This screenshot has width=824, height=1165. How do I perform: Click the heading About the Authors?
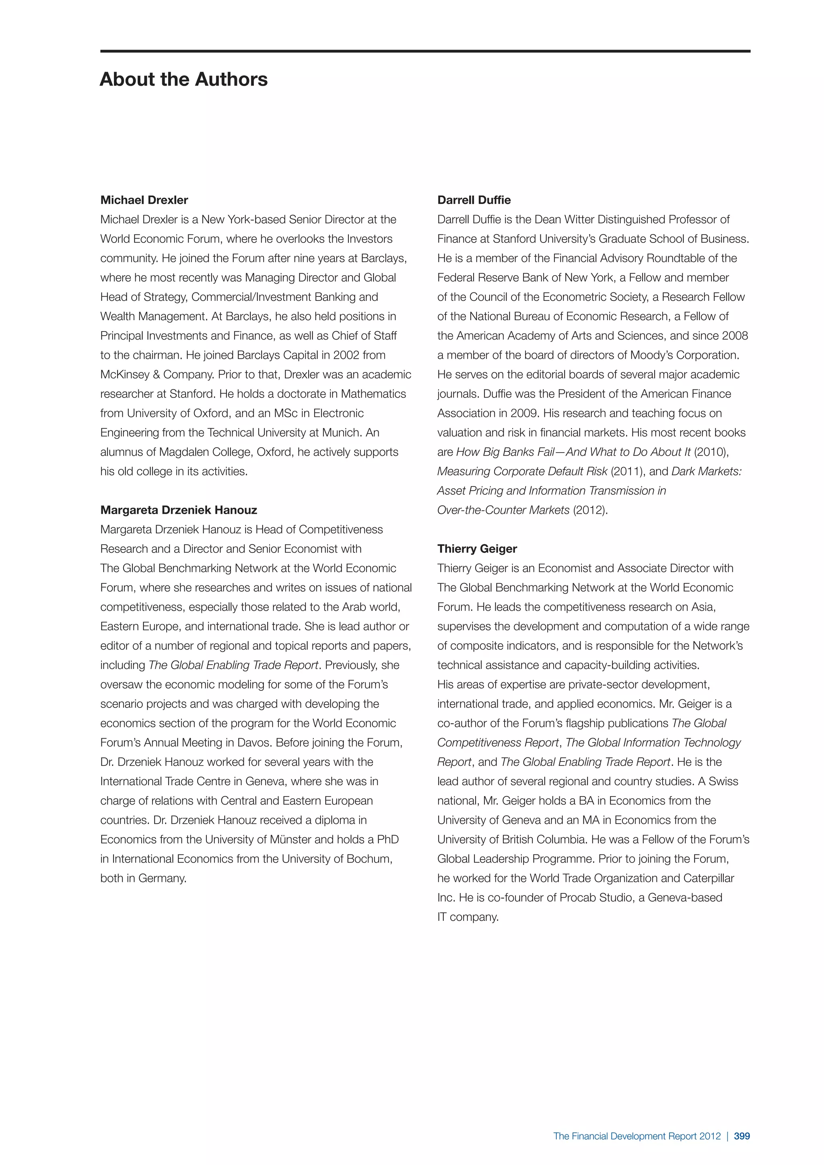(184, 80)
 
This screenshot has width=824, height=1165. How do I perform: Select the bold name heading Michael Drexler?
(144, 200)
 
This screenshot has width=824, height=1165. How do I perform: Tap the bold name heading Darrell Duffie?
(474, 200)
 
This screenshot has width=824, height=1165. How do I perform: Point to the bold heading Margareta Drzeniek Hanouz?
(179, 510)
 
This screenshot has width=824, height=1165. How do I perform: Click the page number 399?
(742, 1136)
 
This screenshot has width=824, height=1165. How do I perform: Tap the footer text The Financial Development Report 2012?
(637, 1136)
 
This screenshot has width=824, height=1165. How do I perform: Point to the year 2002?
(346, 355)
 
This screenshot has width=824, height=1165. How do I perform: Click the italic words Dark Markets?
(706, 471)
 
